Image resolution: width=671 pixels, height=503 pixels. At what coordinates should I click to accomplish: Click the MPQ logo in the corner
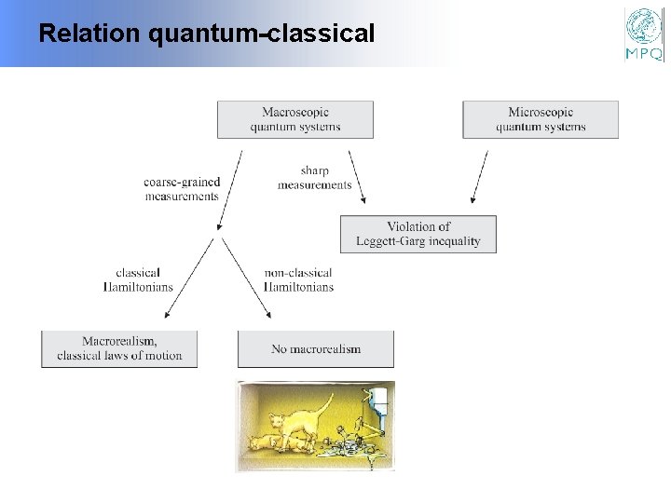pos(644,34)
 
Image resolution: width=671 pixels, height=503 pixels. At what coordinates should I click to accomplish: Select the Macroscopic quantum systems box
pos(294,119)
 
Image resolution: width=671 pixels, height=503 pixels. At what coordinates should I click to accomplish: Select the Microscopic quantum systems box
pos(541,119)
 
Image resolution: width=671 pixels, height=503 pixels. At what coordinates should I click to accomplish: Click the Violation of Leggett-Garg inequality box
pos(418,234)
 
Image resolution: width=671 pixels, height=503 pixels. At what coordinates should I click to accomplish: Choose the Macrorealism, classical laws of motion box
pos(119,348)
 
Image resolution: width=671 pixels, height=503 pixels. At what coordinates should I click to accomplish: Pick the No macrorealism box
pos(316,348)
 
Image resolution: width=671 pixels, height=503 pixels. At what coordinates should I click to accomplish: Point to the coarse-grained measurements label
pos(182,189)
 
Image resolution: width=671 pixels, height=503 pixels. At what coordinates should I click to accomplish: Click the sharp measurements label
pos(314,178)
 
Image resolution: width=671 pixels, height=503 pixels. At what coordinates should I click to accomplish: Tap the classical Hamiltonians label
pos(138,280)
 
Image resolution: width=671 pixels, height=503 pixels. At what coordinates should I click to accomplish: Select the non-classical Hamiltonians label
pos(298,280)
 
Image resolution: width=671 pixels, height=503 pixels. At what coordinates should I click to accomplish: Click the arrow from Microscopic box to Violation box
pos(479,177)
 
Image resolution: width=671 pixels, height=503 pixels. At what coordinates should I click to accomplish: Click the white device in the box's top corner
pos(379,400)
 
